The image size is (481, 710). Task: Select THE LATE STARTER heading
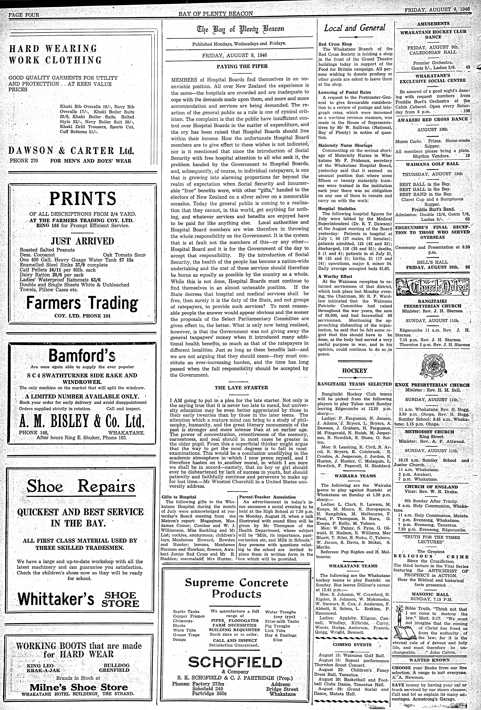pos(241,388)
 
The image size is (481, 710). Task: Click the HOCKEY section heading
pos(354,371)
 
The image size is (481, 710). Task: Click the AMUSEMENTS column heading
pos(433,24)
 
